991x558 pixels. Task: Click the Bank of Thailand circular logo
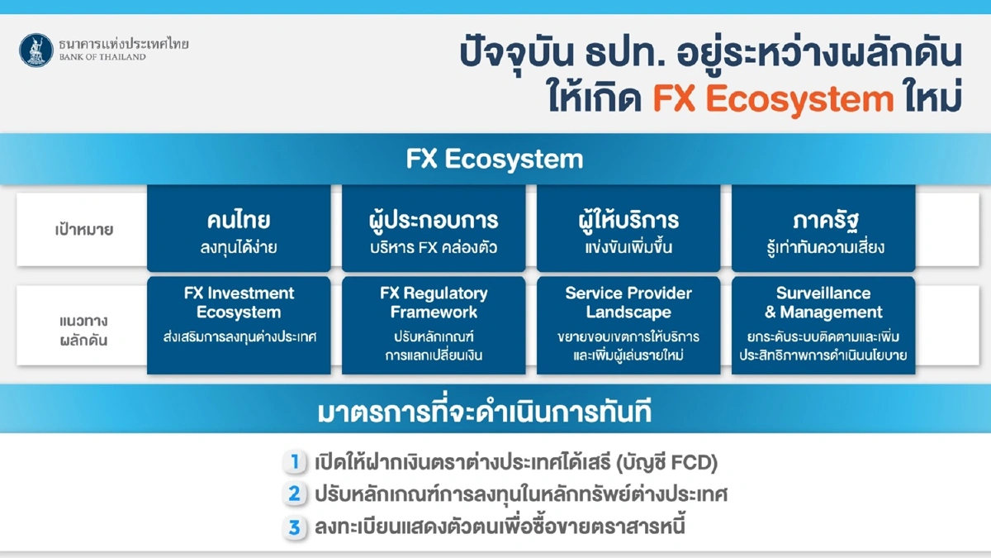pos(36,50)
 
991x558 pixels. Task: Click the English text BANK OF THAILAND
pos(102,57)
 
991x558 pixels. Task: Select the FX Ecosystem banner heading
pos(495,159)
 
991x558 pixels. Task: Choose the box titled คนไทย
pos(239,229)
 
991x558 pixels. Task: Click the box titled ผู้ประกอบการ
pos(434,229)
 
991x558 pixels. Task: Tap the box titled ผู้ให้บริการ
pos(628,229)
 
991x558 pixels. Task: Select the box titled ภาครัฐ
pos(823,229)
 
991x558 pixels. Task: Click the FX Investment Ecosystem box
pos(239,326)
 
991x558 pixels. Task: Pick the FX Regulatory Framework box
pos(434,326)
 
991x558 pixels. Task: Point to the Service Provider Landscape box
pos(628,326)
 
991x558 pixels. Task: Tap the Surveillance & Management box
pos(823,326)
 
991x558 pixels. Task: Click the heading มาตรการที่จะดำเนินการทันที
pos(495,413)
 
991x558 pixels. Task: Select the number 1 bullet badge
pos(293,462)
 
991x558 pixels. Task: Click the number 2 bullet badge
pos(293,494)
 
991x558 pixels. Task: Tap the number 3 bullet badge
pos(293,527)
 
